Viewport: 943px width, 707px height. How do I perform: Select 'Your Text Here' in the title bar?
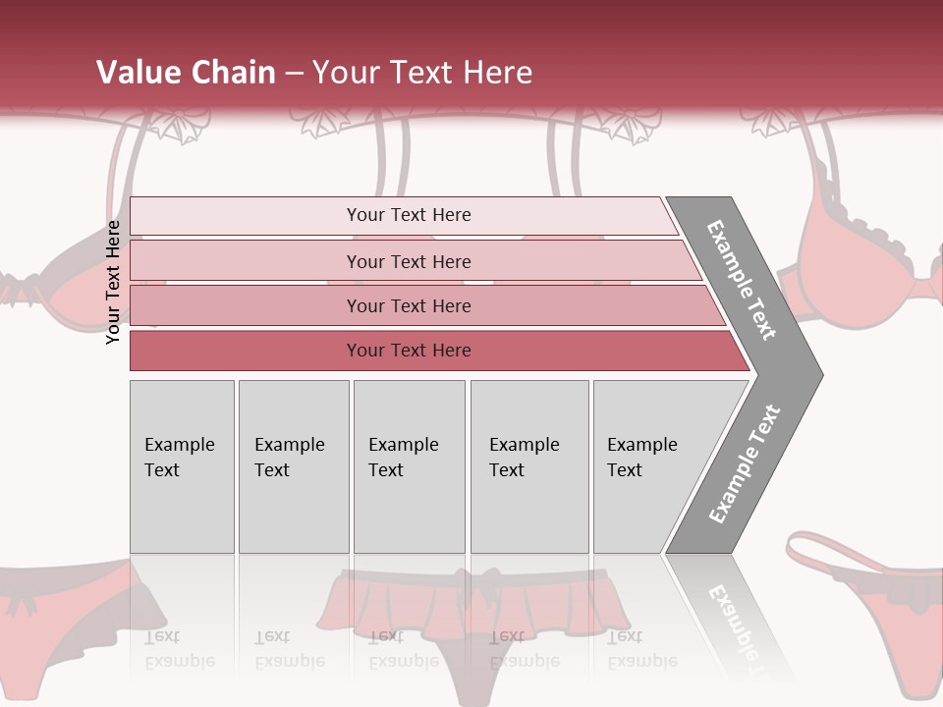[422, 73]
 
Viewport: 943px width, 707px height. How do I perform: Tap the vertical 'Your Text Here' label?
[113, 282]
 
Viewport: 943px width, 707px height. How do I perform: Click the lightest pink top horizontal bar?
[408, 215]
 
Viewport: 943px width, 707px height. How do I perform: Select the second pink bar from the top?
[408, 261]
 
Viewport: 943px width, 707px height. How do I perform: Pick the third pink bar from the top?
[408, 305]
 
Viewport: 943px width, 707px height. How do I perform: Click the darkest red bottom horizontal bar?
[408, 351]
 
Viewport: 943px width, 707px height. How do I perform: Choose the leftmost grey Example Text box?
[182, 466]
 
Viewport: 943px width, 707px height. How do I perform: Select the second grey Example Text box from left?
[293, 466]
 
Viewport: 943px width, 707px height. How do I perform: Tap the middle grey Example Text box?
[409, 466]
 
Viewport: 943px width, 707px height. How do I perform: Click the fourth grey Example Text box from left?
[529, 466]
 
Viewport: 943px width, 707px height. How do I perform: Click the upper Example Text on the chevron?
[742, 279]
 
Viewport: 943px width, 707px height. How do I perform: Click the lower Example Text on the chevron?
[745, 463]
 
